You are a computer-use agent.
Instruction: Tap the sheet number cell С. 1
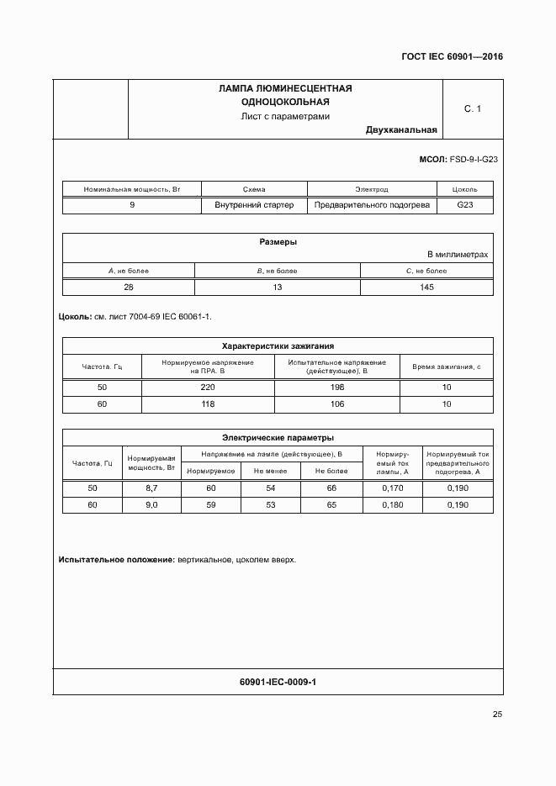(x=473, y=108)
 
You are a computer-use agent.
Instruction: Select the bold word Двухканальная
(x=401, y=130)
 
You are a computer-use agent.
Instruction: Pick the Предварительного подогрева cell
(x=372, y=205)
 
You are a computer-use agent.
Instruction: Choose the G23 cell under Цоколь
(x=465, y=205)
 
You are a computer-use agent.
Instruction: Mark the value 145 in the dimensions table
(x=426, y=287)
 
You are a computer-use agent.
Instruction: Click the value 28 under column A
(x=129, y=287)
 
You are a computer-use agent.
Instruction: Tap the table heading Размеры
(x=278, y=242)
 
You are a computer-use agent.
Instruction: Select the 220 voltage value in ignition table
(x=208, y=387)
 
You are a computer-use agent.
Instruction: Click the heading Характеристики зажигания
(x=278, y=346)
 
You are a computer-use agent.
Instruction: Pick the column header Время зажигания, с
(x=446, y=367)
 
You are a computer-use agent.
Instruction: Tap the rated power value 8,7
(x=151, y=488)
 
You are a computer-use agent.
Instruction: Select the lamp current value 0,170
(x=392, y=488)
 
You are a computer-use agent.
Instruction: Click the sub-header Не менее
(x=270, y=471)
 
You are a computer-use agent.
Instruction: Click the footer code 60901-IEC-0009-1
(x=278, y=682)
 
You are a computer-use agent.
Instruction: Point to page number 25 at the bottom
(x=497, y=715)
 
